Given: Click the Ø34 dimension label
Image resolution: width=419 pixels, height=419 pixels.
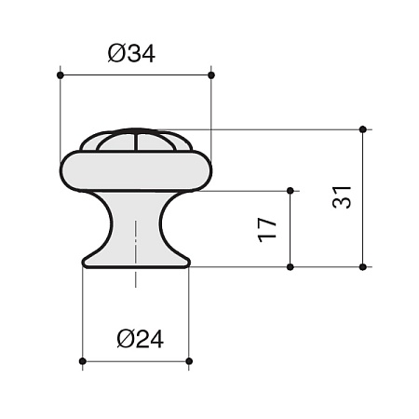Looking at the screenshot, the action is [x=131, y=54].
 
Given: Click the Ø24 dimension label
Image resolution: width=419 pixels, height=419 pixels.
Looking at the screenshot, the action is [x=141, y=339].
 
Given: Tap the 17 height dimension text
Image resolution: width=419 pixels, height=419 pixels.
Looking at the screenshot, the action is [x=267, y=230].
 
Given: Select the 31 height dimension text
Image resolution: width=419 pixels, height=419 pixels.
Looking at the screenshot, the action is [x=342, y=197].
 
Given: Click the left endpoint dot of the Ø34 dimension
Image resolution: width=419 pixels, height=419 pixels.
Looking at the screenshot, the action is [x=61, y=75].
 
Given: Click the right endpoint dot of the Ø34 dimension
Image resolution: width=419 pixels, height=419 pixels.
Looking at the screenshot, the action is [x=211, y=75].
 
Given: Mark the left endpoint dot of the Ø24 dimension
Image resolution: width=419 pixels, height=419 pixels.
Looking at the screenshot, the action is [x=83, y=361].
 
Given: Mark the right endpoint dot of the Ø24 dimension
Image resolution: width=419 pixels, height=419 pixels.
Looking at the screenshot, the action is [x=189, y=361].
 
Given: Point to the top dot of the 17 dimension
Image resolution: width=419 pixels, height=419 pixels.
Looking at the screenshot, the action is [x=291, y=191].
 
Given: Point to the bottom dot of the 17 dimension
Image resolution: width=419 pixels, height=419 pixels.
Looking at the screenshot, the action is [x=291, y=267].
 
